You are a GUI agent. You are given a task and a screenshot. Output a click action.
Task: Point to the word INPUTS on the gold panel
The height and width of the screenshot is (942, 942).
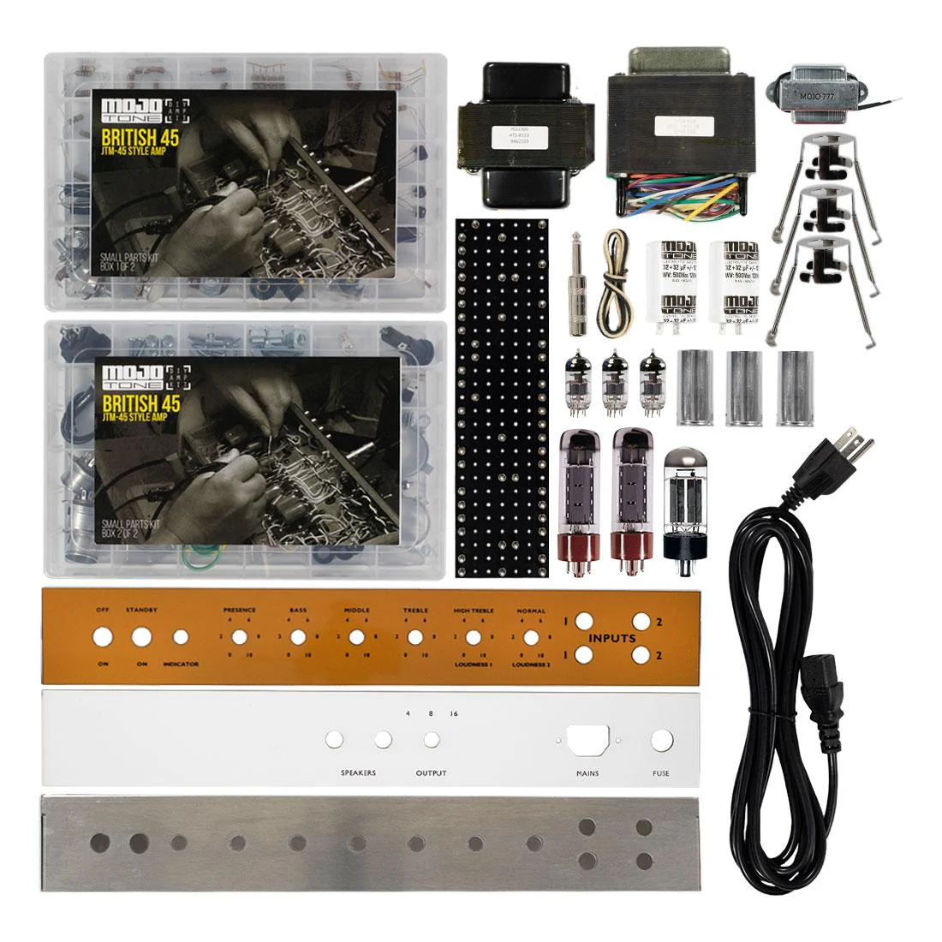click(x=611, y=638)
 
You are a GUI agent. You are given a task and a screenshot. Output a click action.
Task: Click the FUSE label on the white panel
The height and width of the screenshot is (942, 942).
click(x=661, y=773)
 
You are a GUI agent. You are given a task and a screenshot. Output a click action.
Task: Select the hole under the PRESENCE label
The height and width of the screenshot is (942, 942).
click(x=240, y=637)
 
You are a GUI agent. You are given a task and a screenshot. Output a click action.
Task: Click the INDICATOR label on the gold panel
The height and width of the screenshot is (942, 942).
click(x=181, y=665)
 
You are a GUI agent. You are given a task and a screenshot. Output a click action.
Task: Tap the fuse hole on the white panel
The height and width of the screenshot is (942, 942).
click(x=661, y=741)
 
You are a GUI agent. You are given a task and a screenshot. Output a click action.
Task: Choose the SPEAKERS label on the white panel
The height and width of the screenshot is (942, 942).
click(x=357, y=773)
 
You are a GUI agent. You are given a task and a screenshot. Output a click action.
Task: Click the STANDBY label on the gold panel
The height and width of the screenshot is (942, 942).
click(x=141, y=610)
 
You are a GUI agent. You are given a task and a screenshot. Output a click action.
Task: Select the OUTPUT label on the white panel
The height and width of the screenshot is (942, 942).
click(x=432, y=773)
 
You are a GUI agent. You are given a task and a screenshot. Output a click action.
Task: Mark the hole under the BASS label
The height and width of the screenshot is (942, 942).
click(x=298, y=637)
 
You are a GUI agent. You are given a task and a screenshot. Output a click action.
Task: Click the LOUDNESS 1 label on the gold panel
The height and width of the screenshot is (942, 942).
click(x=473, y=665)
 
